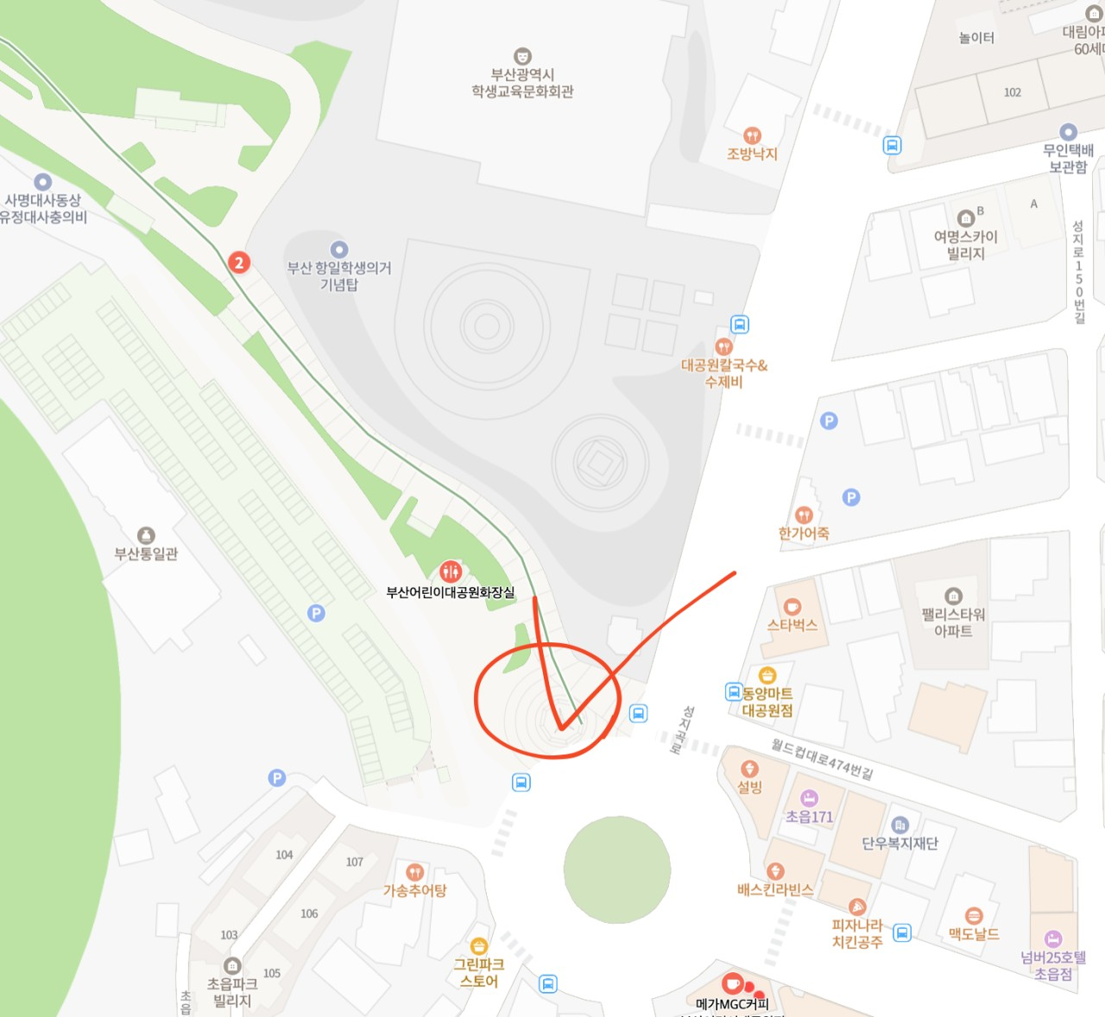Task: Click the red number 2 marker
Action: [239, 262]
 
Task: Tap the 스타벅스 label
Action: [792, 625]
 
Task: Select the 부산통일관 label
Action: [146, 553]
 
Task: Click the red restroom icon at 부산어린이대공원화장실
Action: [450, 571]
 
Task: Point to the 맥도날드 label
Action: [973, 933]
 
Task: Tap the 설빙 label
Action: [749, 786]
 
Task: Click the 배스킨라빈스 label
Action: [775, 889]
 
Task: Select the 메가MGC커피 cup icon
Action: [732, 983]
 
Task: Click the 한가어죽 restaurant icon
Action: [804, 515]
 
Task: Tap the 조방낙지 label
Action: [752, 154]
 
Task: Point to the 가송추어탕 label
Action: [414, 890]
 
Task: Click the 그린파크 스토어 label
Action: [479, 972]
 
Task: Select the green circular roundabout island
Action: [616, 869]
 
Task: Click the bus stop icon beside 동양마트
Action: [733, 692]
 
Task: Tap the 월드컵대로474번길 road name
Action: [822, 759]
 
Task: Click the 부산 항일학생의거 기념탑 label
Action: [339, 275]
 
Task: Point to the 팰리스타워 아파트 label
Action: [953, 622]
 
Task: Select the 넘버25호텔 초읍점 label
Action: [1053, 965]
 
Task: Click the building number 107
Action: [355, 862]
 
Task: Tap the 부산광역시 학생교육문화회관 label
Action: [522, 83]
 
